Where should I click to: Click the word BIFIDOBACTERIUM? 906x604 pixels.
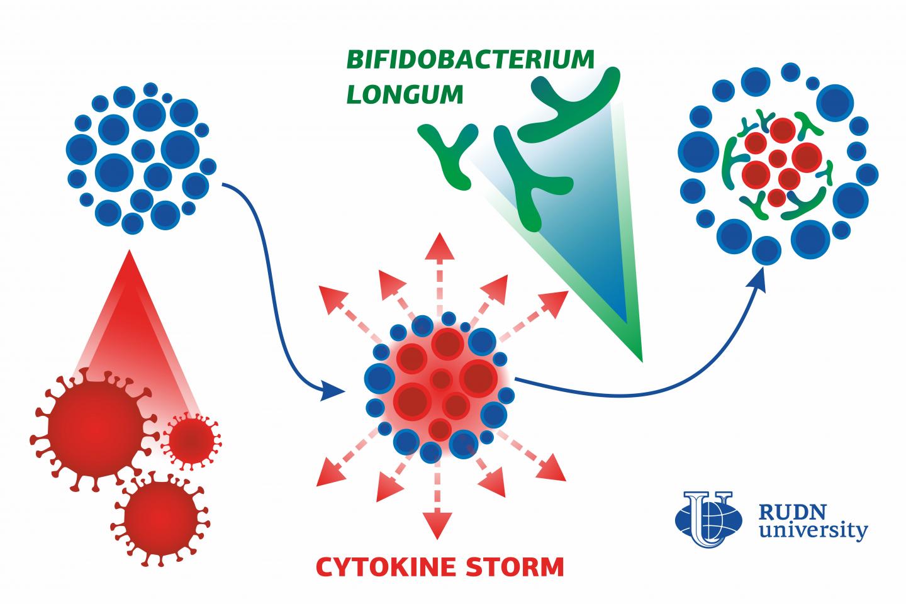[470, 60]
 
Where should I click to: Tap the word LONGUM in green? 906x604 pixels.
[405, 95]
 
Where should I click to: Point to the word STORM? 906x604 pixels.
[514, 566]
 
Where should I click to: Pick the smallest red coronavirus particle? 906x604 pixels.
[190, 439]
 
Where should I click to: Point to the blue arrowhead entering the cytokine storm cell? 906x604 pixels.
[332, 391]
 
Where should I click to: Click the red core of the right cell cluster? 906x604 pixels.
[780, 164]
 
